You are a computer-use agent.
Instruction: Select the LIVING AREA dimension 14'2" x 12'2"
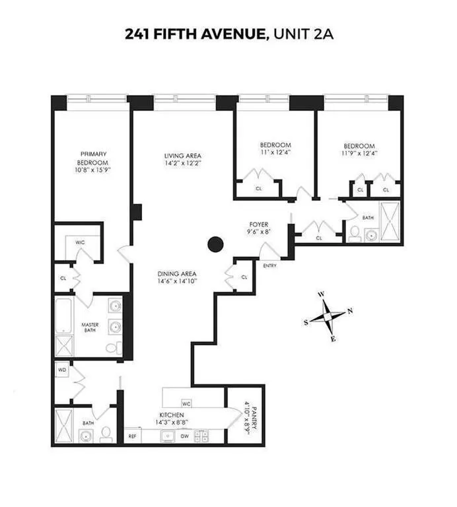pos(183,162)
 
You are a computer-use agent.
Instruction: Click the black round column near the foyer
pos(215,244)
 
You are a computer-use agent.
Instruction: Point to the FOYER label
pos(258,224)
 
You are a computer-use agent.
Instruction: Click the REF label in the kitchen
pos(133,436)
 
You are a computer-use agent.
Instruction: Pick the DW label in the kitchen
pos(186,436)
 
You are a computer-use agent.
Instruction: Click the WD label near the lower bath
pos(63,370)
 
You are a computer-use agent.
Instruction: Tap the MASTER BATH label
pos(90,328)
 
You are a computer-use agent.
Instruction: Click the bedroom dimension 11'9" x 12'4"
pos(359,154)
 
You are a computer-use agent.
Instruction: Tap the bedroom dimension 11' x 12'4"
pos(275,152)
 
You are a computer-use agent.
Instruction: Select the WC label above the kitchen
pos(186,403)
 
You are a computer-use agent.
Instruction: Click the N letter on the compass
pos(350,310)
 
